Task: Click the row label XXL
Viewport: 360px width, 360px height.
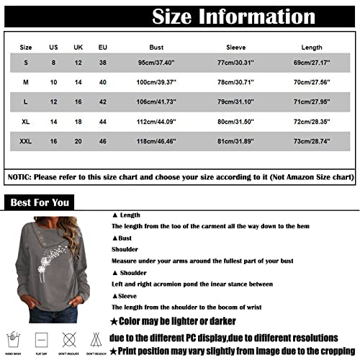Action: (x=27, y=137)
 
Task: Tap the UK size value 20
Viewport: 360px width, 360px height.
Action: (x=78, y=137)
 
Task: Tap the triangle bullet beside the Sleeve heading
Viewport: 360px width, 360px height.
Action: (x=115, y=296)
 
